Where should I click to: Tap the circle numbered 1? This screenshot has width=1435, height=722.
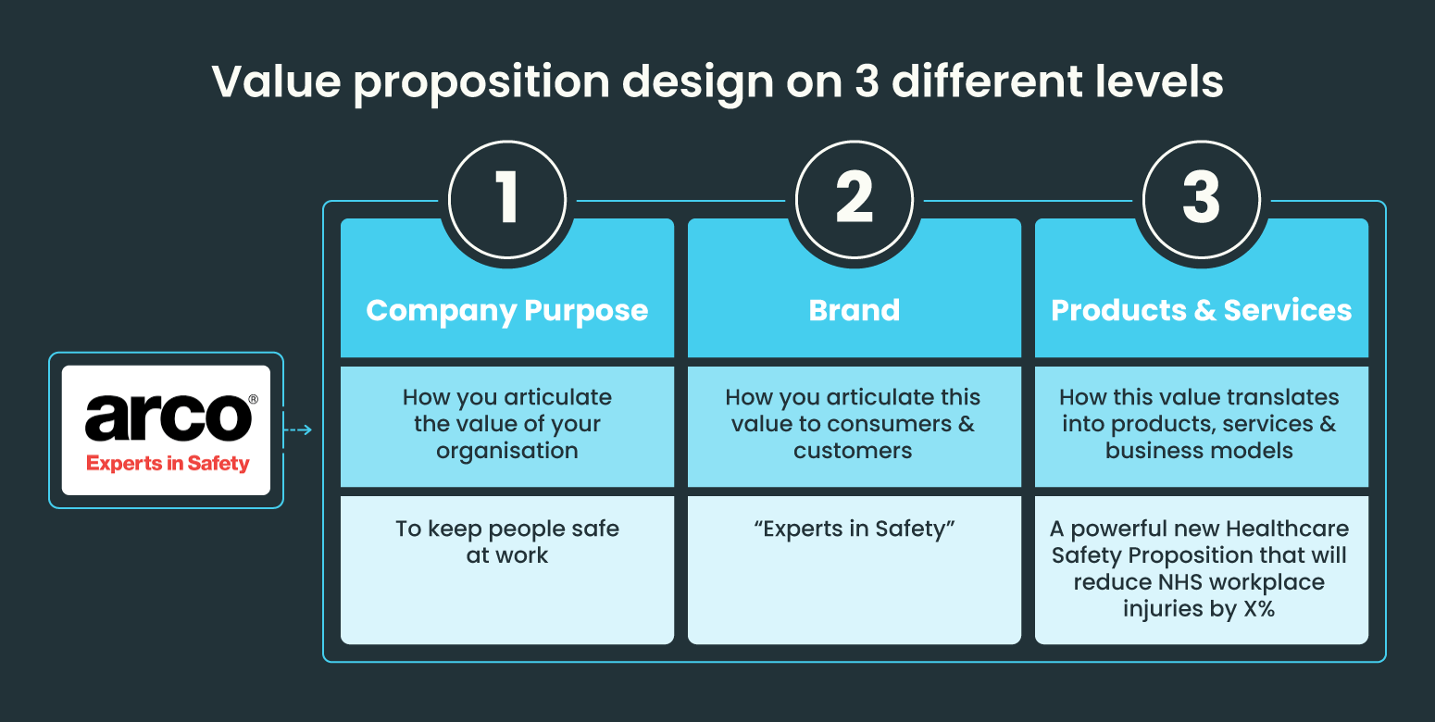click(507, 199)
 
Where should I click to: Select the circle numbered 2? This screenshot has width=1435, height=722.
click(855, 199)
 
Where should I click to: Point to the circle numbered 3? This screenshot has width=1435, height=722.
click(1202, 199)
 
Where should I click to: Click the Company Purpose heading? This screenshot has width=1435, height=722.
click(507, 310)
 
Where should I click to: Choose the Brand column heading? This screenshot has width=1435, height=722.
click(855, 310)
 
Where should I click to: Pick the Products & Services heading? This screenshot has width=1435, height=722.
click(1202, 310)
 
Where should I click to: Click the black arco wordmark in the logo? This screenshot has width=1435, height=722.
click(167, 419)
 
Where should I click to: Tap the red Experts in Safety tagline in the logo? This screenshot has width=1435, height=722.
click(168, 463)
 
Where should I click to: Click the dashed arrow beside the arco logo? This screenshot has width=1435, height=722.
click(297, 429)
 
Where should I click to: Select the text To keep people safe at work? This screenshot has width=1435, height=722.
click(507, 541)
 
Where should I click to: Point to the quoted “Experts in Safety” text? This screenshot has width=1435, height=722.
click(854, 529)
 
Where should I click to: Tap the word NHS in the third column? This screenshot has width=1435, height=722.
click(1180, 583)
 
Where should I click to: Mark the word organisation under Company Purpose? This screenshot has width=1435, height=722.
click(507, 451)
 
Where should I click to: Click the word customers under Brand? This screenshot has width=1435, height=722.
click(854, 451)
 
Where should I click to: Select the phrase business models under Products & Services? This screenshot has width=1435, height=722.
click(1200, 451)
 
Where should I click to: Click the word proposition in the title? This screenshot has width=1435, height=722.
click(481, 83)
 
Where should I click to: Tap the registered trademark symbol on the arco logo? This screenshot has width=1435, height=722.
click(254, 400)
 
